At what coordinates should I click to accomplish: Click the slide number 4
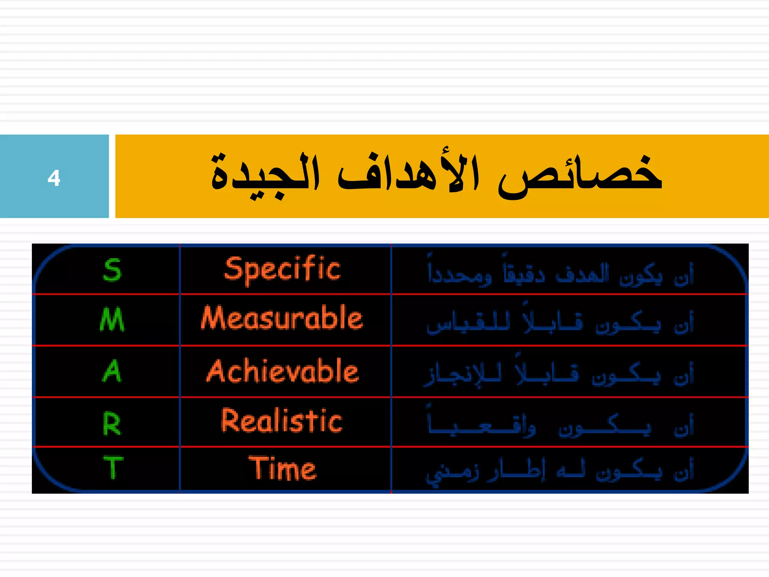54,178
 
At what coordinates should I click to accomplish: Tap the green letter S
112,270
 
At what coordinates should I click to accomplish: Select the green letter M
112,319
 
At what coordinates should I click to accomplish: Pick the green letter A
112,371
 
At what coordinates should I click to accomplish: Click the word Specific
282,270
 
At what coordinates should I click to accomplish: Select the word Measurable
282,319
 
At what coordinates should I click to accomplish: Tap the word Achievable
282,371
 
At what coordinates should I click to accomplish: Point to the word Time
282,469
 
